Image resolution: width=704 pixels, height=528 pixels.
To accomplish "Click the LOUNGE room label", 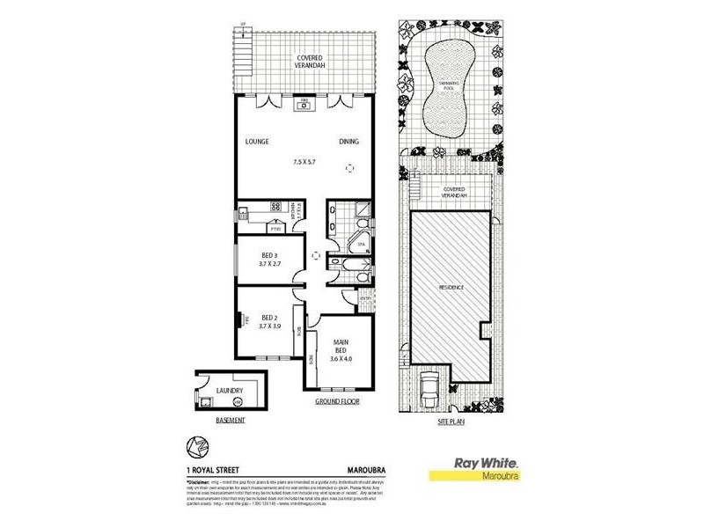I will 256,142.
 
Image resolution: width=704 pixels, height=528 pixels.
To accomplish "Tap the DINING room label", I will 349,142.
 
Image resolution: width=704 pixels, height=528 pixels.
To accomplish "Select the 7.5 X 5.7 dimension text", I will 304,162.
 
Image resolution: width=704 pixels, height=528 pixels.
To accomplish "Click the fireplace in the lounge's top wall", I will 304,106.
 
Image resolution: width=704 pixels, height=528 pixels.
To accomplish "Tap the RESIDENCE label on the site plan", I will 451,288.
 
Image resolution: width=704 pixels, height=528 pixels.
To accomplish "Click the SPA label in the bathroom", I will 360,241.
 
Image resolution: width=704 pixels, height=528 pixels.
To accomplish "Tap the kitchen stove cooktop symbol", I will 275,208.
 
